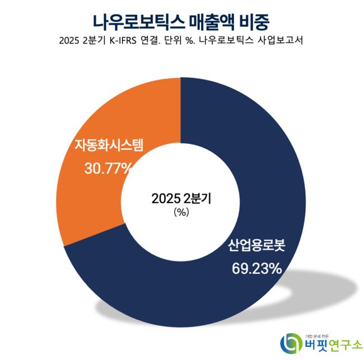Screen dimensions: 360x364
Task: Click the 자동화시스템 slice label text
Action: (109, 147)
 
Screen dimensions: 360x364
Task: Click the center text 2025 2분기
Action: (182, 198)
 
